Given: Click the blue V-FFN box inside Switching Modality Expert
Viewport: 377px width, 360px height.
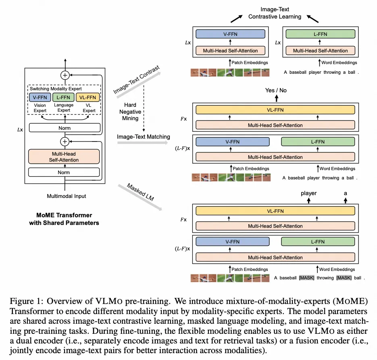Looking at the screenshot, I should click(39, 97).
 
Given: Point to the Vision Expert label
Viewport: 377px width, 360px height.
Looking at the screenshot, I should click(39, 108).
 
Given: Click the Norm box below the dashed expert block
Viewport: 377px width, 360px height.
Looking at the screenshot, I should click(65, 128).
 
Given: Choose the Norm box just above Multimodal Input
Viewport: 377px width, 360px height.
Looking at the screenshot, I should click(65, 172).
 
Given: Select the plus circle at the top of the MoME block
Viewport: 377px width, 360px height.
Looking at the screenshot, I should click(65, 75).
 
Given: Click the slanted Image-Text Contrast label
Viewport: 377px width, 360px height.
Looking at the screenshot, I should click(136, 80).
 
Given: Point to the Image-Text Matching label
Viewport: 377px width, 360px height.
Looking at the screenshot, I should click(143, 137).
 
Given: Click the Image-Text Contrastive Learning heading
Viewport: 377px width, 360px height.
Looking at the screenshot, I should click(275, 13).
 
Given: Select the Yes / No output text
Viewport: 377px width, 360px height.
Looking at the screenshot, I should click(276, 90).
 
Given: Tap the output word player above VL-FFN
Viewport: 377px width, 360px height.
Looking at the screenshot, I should click(308, 193).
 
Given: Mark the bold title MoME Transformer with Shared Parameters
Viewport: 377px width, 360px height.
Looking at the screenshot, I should click(64, 219).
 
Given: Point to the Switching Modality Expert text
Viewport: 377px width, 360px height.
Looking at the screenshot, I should click(55, 88).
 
